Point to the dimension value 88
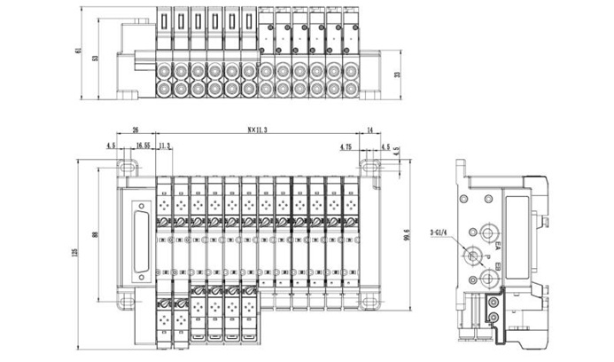coord(96,234)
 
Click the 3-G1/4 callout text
coord(441,233)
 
